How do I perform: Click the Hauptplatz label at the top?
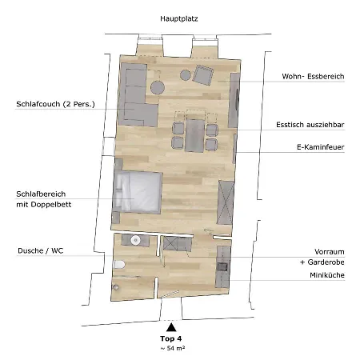(x=179, y=17)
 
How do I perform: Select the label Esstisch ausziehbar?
(x=310, y=124)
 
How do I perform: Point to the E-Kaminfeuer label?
(x=319, y=147)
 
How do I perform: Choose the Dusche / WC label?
(x=40, y=250)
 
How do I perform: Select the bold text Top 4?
(x=170, y=339)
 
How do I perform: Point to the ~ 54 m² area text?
(x=170, y=350)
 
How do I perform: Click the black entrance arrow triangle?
(x=170, y=326)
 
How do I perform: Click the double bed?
(x=138, y=193)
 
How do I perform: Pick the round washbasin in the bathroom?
(x=137, y=239)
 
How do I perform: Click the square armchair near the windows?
(x=202, y=77)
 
